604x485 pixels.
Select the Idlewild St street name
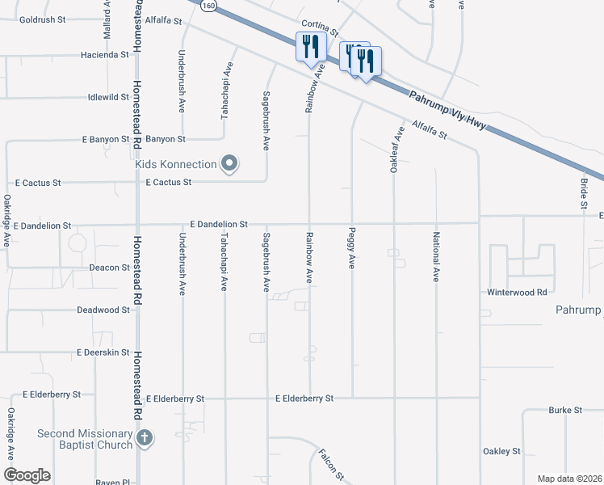[108, 97]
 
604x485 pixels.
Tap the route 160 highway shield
[209, 5]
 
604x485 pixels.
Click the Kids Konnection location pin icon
[229, 164]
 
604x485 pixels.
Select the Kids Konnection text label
[176, 164]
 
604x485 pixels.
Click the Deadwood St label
[103, 310]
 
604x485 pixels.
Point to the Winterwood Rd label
[518, 292]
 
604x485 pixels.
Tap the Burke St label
[565, 411]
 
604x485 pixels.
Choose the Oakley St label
[501, 451]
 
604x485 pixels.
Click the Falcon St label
[331, 463]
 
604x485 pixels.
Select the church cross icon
[145, 439]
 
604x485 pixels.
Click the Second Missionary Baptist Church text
[85, 439]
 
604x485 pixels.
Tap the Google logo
[27, 474]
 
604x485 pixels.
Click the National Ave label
[436, 257]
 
